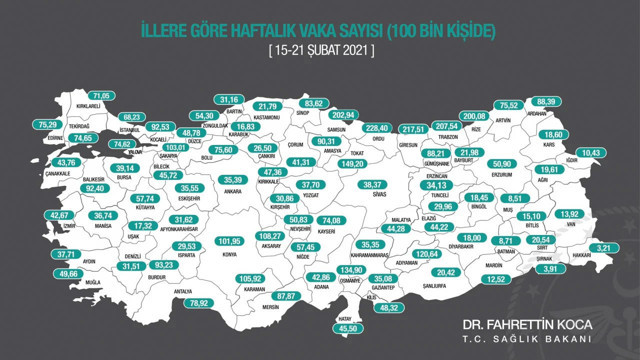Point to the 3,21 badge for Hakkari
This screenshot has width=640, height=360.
(x=603, y=246)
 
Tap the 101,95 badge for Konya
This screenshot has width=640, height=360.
(x=231, y=241)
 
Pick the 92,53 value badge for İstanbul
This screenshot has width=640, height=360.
(x=160, y=127)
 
